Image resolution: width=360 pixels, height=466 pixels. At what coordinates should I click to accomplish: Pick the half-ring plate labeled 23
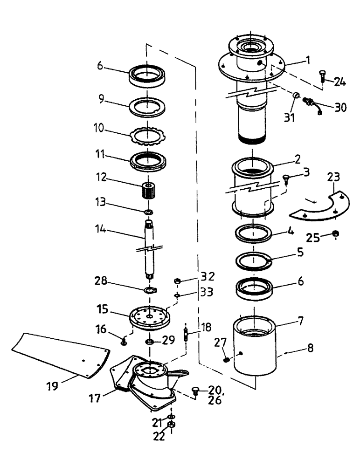pos(321,205)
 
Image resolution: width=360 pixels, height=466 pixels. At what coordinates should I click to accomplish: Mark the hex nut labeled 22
pos(171,425)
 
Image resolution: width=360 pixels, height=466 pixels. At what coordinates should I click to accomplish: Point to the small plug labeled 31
pos(296,96)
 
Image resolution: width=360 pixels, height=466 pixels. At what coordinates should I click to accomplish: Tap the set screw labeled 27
pos(227,360)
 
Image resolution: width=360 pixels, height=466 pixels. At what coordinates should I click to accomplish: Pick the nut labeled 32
pos(177,281)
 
